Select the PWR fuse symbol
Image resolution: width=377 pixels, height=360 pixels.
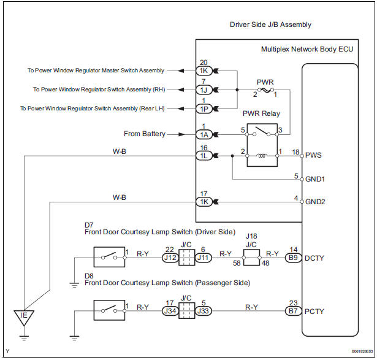point(265,90)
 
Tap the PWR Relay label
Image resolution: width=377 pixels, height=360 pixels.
point(261,113)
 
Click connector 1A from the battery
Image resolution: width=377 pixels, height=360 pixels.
point(204,135)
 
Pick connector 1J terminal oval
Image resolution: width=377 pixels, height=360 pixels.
point(204,90)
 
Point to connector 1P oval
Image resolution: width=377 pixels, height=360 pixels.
point(204,109)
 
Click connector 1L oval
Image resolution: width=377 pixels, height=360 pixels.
point(204,156)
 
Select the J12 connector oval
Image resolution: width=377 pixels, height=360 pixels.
point(170,258)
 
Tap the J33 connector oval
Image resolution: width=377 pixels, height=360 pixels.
point(203,311)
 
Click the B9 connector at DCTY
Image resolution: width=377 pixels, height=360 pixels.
point(293,258)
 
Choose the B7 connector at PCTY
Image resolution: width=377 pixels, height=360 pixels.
point(293,311)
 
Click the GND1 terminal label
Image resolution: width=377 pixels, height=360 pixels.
point(315,179)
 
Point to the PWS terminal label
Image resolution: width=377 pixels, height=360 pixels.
point(313,155)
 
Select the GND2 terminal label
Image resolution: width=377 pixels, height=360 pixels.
point(315,202)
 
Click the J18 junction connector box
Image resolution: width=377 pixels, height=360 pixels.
point(251,258)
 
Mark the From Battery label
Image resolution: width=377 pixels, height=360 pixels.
point(145,134)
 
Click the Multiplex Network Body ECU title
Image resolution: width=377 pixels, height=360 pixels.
point(307,49)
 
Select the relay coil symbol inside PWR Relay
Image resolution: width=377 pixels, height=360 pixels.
point(262,156)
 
